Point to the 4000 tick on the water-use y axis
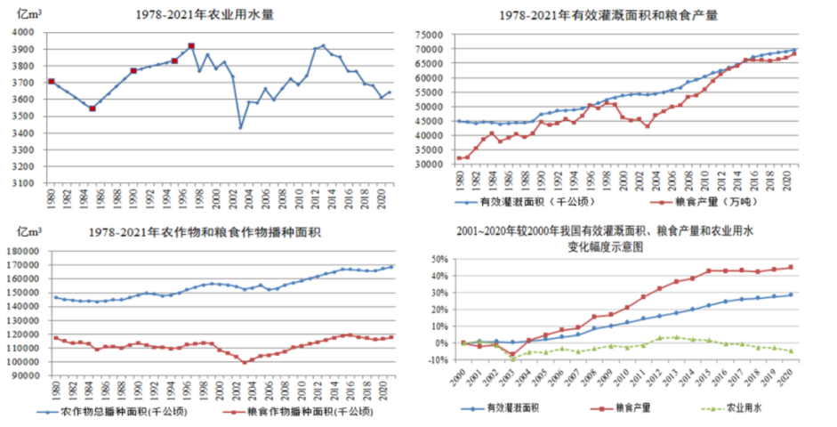[x=22, y=32]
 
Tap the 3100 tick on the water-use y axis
[x=22, y=183]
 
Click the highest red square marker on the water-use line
[x=191, y=46]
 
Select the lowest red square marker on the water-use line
[x=93, y=109]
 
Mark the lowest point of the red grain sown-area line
[x=244, y=362]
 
